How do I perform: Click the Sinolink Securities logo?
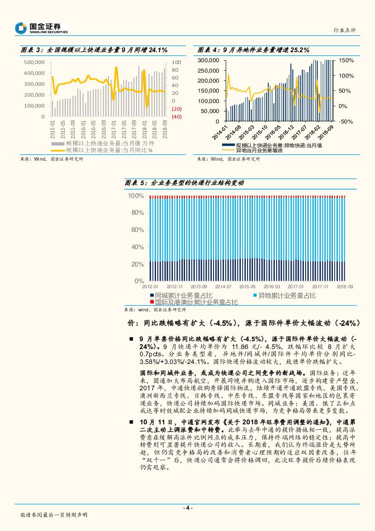pos(41,28)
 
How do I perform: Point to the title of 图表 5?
pos(185,182)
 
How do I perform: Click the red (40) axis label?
pos(176,117)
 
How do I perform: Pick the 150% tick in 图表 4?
pos(346,60)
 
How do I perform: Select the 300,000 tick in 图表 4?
pos(209,60)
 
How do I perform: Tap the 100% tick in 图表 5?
pos(136,196)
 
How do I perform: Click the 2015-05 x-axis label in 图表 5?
pos(247,287)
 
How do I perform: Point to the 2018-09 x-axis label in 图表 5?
pos(345,287)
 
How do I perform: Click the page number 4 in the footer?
pos(187,508)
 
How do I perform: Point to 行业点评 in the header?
pos(345,30)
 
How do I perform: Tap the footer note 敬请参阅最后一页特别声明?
pos(54,515)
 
